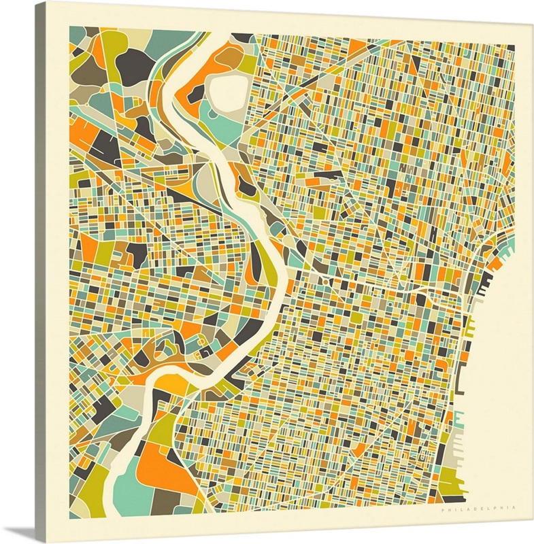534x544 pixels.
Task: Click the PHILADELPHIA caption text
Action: click(x=478, y=508)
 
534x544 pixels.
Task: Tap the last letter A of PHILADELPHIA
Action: click(x=514, y=508)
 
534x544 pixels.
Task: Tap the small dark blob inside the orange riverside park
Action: click(x=195, y=96)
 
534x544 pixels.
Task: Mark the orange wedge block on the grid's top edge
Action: click(x=356, y=46)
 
